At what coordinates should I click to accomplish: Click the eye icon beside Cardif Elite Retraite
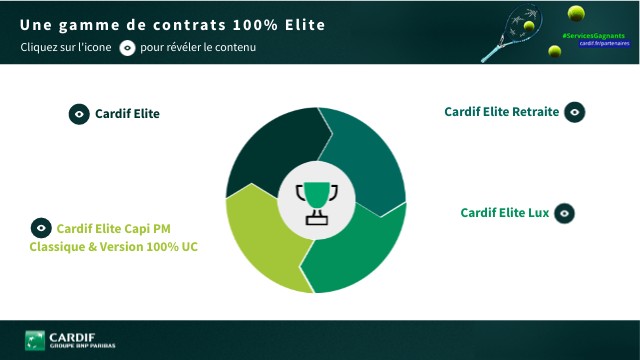574,112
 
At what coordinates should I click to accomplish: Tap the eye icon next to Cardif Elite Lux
564,213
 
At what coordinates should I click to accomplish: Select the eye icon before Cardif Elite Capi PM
41,228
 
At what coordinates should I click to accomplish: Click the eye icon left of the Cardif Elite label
79,114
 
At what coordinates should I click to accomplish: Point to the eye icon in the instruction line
127,48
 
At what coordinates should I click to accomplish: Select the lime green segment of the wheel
262,236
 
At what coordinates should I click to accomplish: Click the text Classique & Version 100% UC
113,247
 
